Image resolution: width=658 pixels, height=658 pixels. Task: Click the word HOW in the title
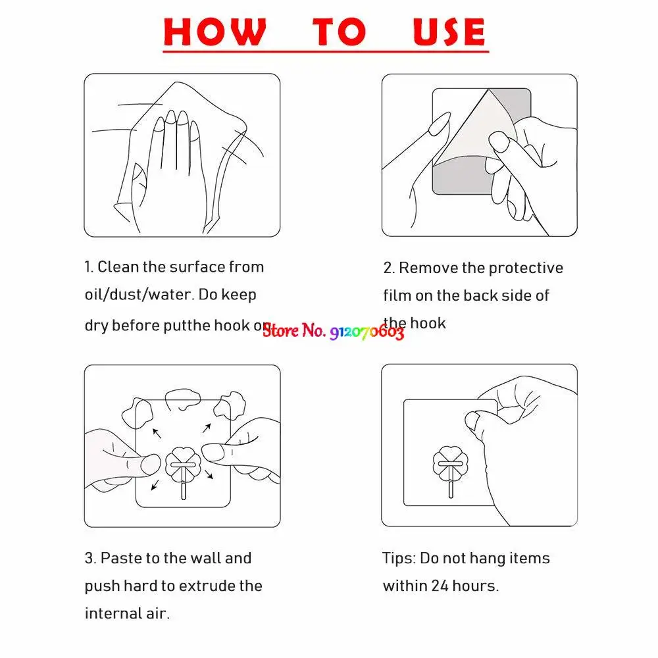(x=215, y=31)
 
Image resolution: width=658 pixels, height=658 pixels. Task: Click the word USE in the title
(x=449, y=31)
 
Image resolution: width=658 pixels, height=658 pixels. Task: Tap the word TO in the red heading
(x=339, y=31)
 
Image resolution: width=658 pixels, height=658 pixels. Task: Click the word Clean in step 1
(x=118, y=267)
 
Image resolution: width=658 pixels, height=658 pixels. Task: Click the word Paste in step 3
(x=121, y=559)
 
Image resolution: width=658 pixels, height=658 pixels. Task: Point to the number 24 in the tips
(x=440, y=586)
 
